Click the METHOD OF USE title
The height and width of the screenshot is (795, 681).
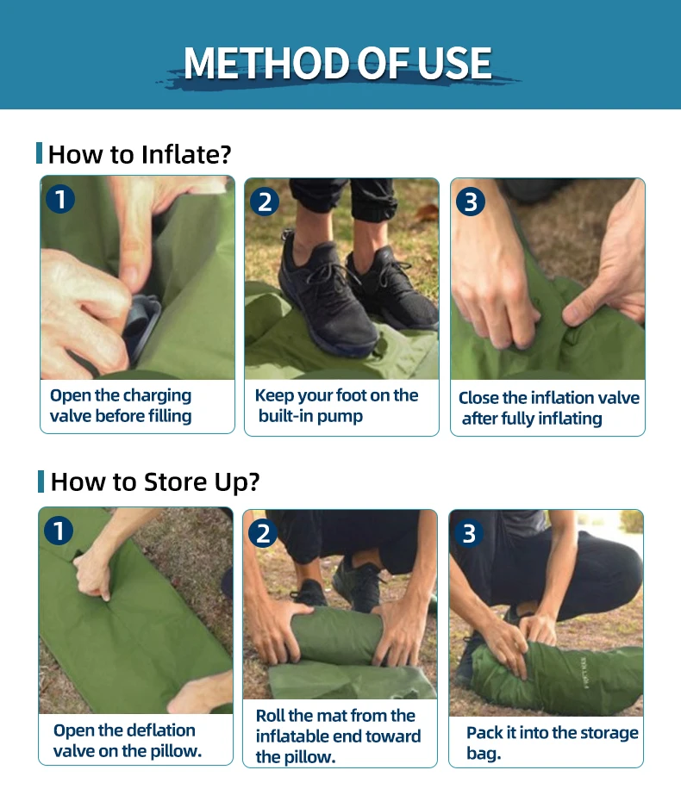click(337, 64)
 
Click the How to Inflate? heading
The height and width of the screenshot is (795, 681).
click(140, 154)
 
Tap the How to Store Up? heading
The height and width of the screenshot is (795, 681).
click(155, 481)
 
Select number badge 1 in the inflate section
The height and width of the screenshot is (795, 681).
click(60, 199)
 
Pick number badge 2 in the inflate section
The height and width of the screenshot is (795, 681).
click(265, 202)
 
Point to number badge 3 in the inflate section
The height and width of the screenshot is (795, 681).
click(471, 202)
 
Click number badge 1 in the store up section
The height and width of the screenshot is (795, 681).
click(59, 531)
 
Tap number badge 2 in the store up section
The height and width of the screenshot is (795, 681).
click(263, 533)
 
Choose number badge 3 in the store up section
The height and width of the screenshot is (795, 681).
click(469, 533)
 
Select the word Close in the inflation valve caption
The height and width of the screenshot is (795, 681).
click(478, 398)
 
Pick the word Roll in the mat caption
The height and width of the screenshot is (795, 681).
click(269, 716)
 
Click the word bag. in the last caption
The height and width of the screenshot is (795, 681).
click(484, 754)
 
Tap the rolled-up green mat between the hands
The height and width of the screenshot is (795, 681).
click(336, 635)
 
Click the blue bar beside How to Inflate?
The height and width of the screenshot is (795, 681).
click(39, 153)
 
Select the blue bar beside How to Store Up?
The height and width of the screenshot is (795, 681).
click(41, 481)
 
